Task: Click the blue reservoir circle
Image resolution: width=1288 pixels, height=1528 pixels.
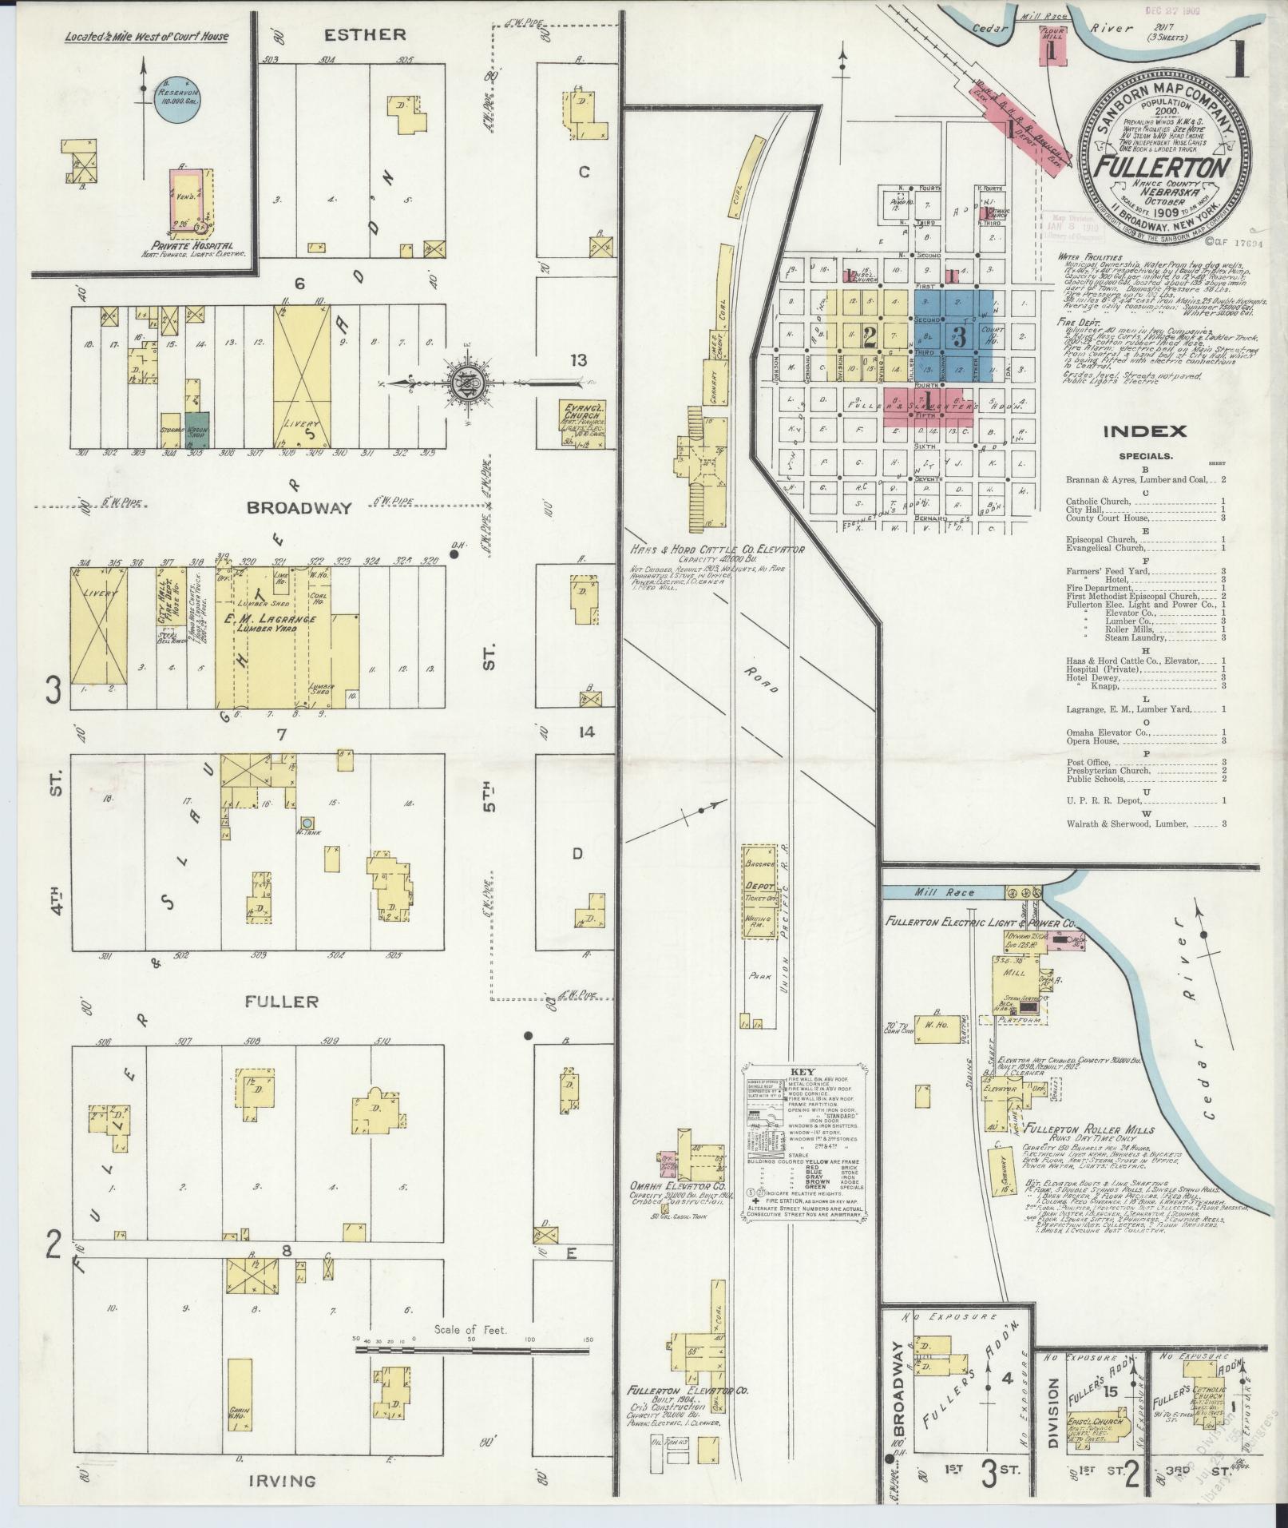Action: (176, 101)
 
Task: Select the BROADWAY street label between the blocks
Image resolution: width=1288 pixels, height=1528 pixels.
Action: (299, 508)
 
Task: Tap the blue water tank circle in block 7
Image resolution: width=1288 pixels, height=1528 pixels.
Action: (307, 822)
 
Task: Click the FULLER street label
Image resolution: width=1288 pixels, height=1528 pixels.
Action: (282, 1001)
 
